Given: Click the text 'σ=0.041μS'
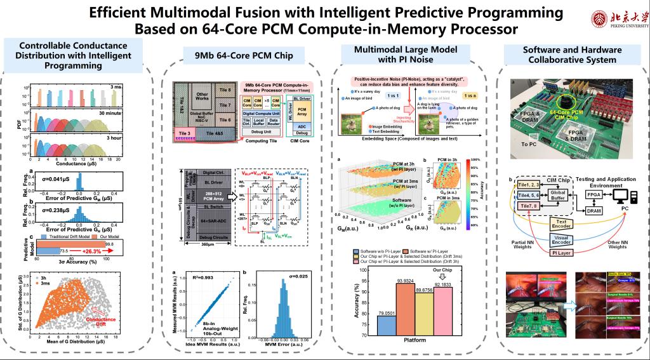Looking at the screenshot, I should pos(56,180).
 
